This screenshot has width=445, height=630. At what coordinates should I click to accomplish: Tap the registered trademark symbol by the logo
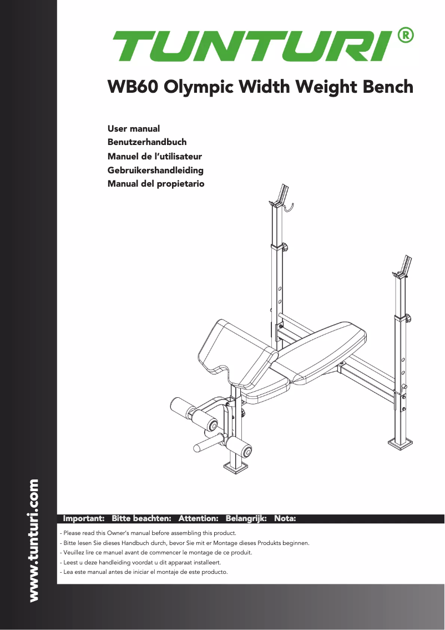pyautogui.click(x=406, y=36)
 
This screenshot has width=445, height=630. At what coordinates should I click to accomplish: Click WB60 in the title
pyautogui.click(x=132, y=87)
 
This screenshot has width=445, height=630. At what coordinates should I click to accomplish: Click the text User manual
pyautogui.click(x=133, y=129)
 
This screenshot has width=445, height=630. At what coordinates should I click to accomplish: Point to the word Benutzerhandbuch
pyautogui.click(x=146, y=142)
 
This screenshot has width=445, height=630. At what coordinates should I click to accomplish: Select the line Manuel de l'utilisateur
pyautogui.click(x=154, y=156)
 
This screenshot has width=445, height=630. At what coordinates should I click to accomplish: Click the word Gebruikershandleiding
pyautogui.click(x=155, y=170)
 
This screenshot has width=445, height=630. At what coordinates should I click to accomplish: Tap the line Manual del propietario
pyautogui.click(x=155, y=183)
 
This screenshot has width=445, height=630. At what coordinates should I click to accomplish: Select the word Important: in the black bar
pyautogui.click(x=84, y=518)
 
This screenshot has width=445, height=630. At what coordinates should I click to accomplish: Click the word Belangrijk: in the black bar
pyautogui.click(x=246, y=518)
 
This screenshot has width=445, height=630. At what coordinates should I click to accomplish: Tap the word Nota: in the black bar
pyautogui.click(x=285, y=518)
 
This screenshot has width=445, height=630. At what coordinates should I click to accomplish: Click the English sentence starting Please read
pyautogui.click(x=148, y=533)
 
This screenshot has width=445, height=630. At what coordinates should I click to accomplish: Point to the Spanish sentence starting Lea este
pyautogui.click(x=144, y=572)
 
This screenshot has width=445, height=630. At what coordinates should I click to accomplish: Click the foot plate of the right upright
pyautogui.click(x=401, y=442)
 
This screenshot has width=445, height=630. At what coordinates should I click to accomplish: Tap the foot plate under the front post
pyautogui.click(x=237, y=465)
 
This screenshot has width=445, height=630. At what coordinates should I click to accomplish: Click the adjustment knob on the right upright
pyautogui.click(x=408, y=319)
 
